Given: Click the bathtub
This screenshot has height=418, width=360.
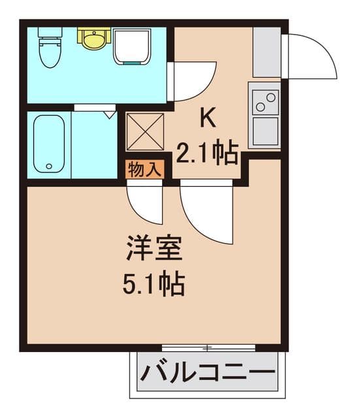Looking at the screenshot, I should (49, 144).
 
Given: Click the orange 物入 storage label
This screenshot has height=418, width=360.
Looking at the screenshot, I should (144, 170).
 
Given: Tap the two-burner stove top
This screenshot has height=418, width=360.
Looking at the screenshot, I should (265, 101).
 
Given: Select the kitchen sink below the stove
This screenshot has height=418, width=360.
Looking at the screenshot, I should (265, 131).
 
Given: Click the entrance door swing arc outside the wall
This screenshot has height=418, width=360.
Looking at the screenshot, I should (312, 56).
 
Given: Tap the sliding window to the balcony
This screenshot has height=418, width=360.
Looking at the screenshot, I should (208, 347).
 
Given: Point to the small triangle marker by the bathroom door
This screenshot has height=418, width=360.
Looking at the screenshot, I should (110, 115).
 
